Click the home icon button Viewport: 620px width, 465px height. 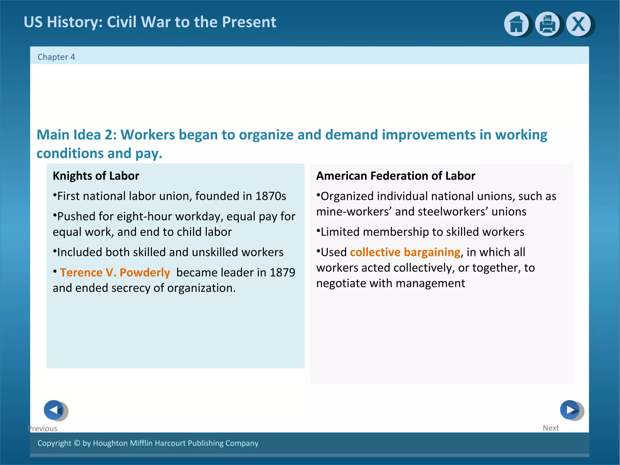coord(516,24)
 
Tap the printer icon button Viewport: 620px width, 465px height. coord(547,24)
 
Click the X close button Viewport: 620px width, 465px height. coord(579,24)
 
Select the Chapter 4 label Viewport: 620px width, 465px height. coord(56,57)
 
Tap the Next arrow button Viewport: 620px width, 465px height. coord(570,410)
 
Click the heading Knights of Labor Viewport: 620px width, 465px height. coord(96,176)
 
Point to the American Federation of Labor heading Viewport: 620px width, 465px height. coord(396,176)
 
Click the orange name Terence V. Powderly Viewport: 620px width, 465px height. coord(115,272)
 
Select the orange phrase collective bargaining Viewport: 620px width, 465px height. coord(405,252)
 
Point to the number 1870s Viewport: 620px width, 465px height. coord(271,196)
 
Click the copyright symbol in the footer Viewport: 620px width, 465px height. coord(77,443)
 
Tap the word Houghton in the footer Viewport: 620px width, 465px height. coord(110,443)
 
